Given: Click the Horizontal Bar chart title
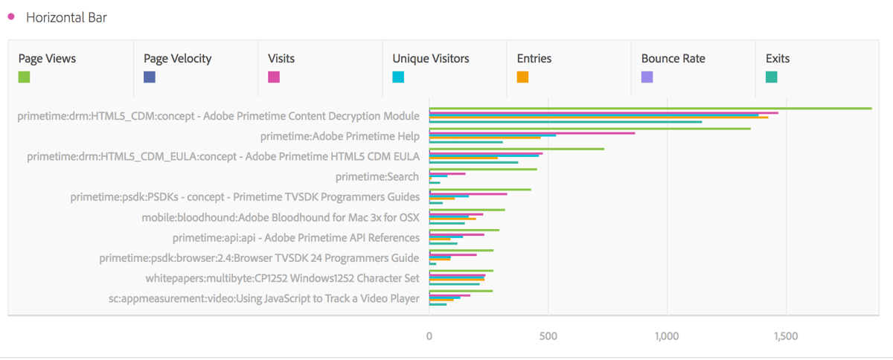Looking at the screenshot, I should click(66, 17).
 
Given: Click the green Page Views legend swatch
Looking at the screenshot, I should click(24, 77).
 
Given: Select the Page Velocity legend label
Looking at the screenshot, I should click(177, 58).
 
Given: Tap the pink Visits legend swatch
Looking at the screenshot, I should click(274, 77).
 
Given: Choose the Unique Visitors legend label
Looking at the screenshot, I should click(430, 58).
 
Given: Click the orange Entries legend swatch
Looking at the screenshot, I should click(522, 77).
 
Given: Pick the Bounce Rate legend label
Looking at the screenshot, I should click(673, 58).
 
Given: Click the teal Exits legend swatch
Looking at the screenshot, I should click(772, 77).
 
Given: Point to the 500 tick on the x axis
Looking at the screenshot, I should click(548, 336).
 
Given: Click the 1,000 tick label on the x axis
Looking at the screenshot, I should click(667, 336).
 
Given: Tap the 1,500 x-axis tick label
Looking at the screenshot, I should click(786, 336).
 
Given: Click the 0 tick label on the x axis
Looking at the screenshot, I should click(429, 336).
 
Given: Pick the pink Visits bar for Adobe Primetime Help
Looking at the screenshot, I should click(532, 133).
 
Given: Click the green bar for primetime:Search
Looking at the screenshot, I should click(483, 170).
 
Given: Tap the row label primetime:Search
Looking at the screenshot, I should click(377, 177).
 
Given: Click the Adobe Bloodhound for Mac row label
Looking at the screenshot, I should click(281, 218).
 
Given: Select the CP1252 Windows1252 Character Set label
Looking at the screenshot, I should click(282, 278).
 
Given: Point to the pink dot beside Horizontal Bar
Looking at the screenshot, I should click(11, 16).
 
